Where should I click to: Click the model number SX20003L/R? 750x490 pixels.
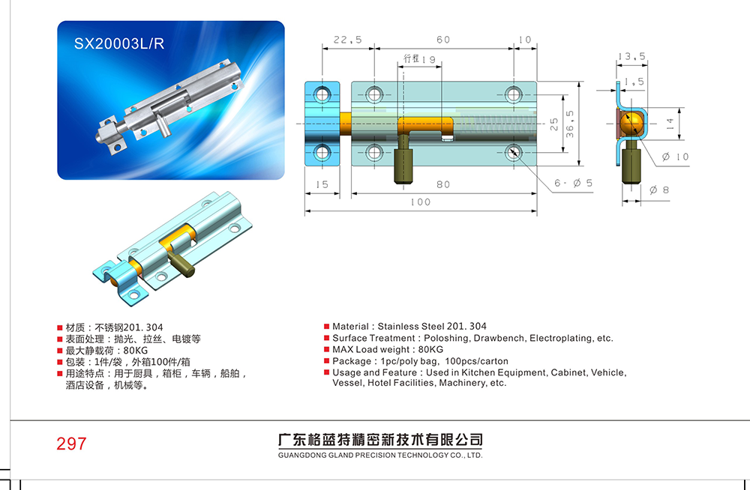[x=119, y=43]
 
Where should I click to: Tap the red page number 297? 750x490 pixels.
[x=72, y=444]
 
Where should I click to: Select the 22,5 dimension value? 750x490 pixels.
[x=348, y=40]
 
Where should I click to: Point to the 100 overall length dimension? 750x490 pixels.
[x=421, y=202]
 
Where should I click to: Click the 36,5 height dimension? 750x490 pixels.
[x=570, y=124]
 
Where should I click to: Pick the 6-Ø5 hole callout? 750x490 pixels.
[x=573, y=183]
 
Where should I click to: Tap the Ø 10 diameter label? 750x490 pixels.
[x=676, y=157]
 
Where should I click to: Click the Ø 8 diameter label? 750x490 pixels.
[x=659, y=190]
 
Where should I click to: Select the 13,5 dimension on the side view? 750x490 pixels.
[x=631, y=56]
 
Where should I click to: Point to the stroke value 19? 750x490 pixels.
[x=429, y=59]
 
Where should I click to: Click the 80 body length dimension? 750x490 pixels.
[x=443, y=184]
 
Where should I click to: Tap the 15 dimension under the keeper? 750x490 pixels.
[x=322, y=184]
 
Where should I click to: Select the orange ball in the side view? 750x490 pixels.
[x=631, y=124]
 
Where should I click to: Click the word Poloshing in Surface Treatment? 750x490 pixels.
[x=445, y=339]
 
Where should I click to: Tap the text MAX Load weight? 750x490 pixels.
[x=371, y=350]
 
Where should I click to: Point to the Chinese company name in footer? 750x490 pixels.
[x=380, y=439]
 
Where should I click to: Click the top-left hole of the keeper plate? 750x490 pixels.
[x=322, y=94]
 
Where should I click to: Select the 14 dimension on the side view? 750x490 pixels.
[x=670, y=124]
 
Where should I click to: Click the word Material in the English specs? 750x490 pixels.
[x=350, y=327]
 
